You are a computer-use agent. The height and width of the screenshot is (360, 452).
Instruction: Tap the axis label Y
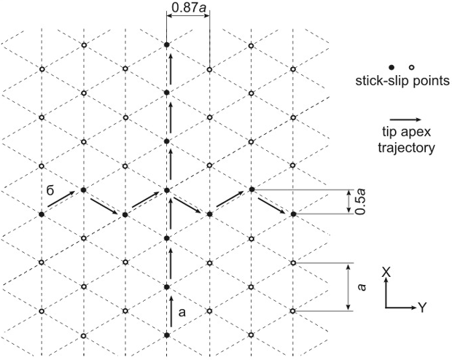tap(422, 308)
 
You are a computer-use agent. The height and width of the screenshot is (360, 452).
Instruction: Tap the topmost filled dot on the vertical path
tap(167, 45)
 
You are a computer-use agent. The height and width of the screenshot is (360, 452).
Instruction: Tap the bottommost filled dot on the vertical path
tap(167, 334)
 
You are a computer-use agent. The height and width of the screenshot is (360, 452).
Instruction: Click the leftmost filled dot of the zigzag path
tap(42, 214)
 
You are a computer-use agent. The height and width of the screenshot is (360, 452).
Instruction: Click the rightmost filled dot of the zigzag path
tap(293, 214)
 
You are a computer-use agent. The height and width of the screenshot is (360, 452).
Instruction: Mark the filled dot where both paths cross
tap(167, 190)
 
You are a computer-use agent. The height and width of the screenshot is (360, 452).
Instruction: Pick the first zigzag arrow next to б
tap(63, 200)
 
